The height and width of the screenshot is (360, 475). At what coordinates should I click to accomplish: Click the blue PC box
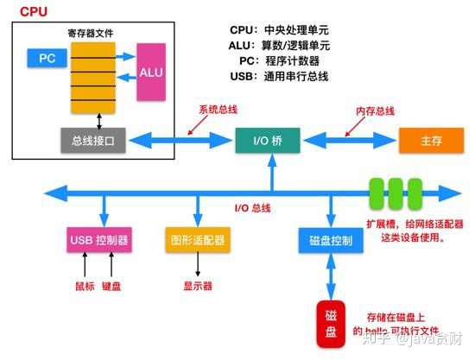(x=47, y=59)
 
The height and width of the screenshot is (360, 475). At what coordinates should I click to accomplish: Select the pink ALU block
(x=151, y=72)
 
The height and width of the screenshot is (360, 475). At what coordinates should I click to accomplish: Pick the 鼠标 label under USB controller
(x=82, y=286)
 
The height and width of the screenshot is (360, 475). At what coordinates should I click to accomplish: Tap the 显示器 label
(x=198, y=286)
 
